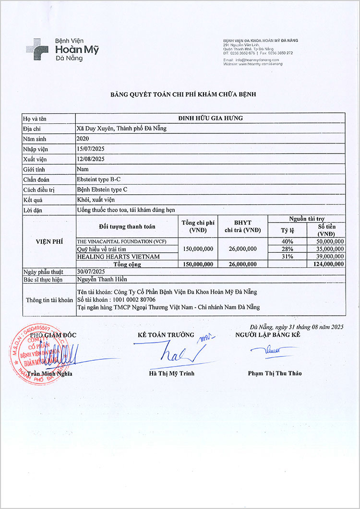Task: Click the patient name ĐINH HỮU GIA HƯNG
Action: pyautogui.click(x=210, y=118)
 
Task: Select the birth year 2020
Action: pyautogui.click(x=83, y=139)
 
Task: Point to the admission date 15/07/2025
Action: pyautogui.click(x=91, y=149)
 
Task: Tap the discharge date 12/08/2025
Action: pyautogui.click(x=91, y=159)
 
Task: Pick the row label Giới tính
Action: pyautogui.click(x=34, y=169)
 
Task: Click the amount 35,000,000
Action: pyautogui.click(x=327, y=249)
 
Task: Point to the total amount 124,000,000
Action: pyautogui.click(x=327, y=264)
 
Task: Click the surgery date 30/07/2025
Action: pyautogui.click(x=91, y=272)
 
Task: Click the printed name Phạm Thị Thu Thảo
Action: pyautogui.click(x=275, y=373)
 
